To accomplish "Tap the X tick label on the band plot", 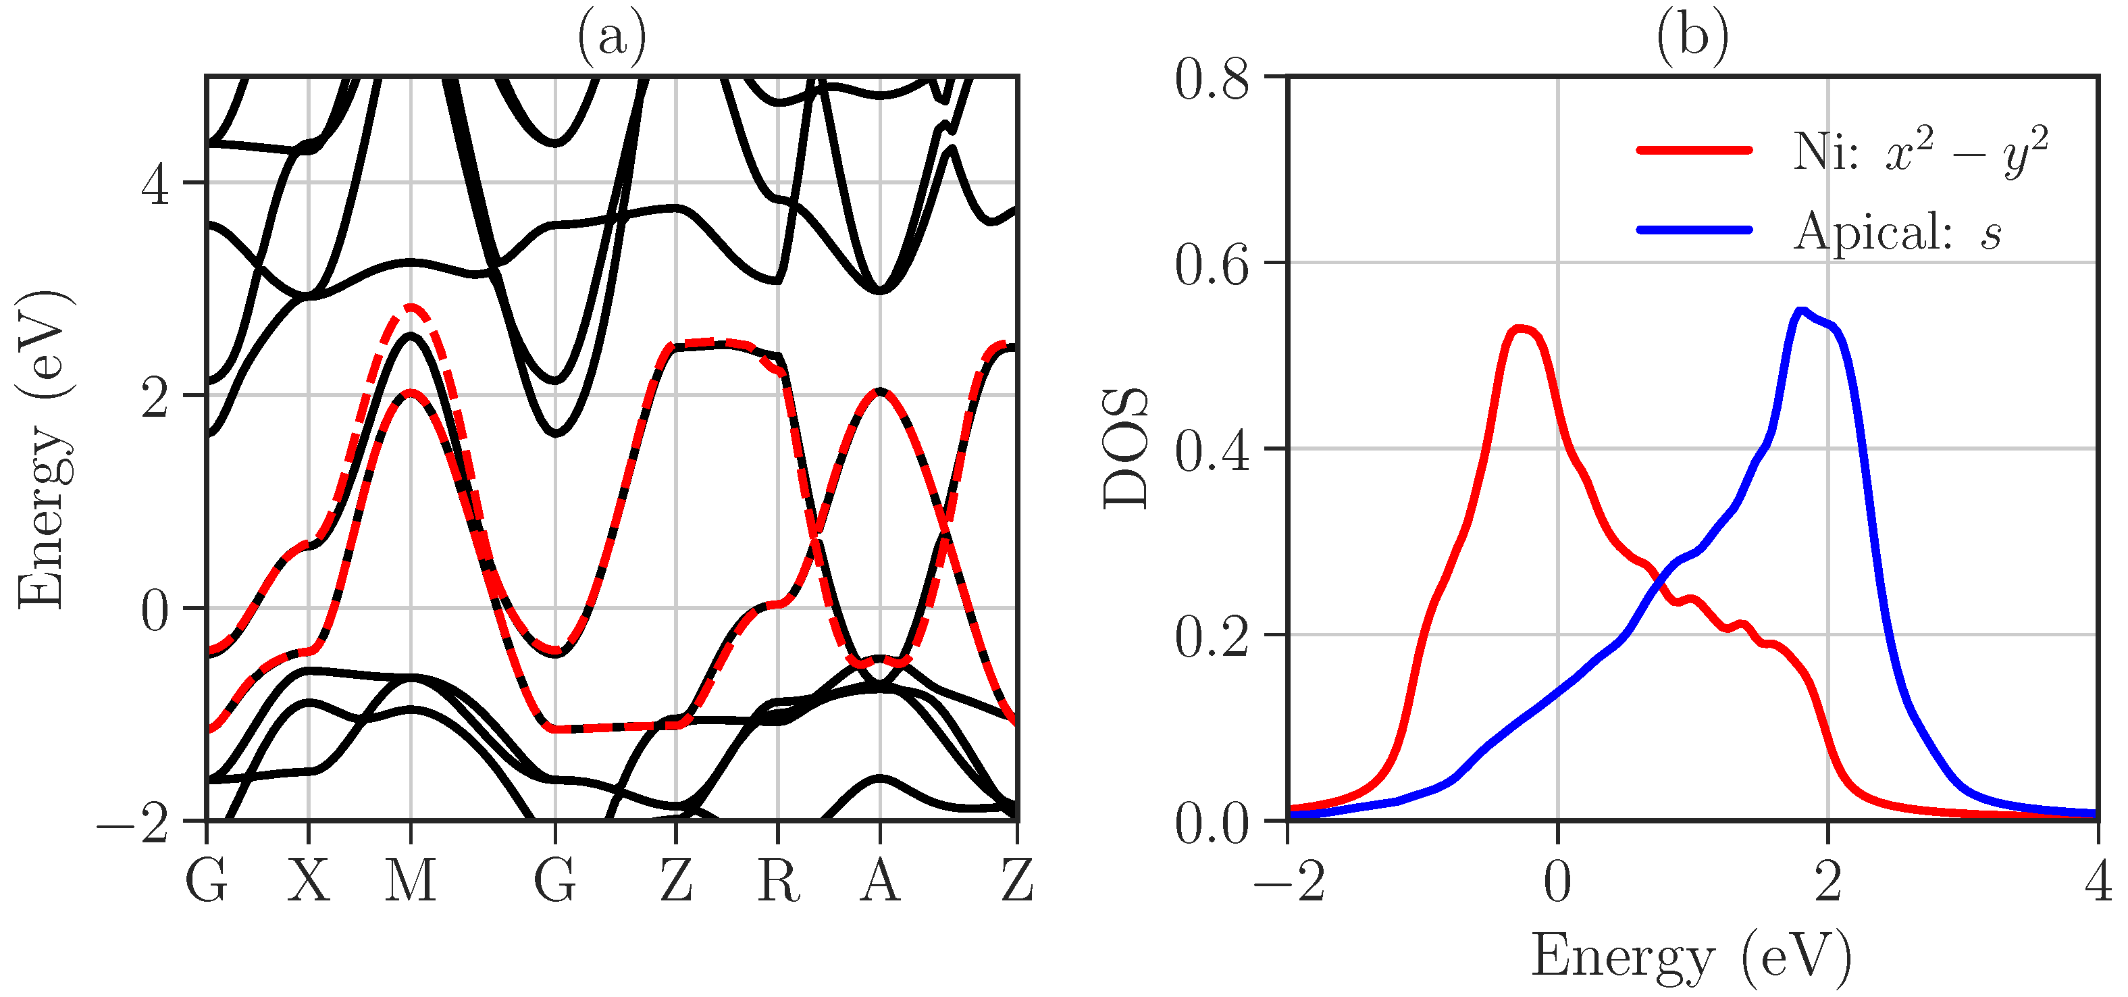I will tap(308, 881).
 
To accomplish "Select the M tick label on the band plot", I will tap(411, 881).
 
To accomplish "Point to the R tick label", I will tap(778, 881).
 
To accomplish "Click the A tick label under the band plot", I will tap(880, 881).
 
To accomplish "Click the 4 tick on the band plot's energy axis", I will tap(155, 185).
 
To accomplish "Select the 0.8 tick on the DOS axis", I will tap(1212, 80).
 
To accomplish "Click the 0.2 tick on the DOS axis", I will tap(1212, 637).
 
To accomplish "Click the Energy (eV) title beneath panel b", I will tap(1692, 956).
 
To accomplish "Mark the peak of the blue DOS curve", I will tap(1802, 311).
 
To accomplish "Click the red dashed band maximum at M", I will tap(411, 307).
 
